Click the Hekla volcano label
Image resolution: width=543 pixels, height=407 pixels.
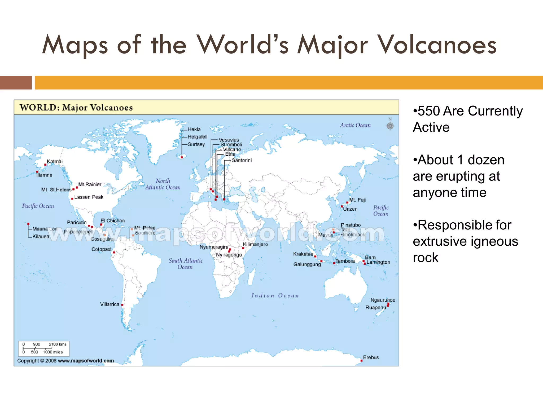tap(194, 129)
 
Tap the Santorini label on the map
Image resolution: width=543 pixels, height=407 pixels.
tap(242, 160)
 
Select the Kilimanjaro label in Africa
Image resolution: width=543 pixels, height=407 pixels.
tap(255, 244)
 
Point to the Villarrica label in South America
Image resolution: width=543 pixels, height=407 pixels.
tap(110, 304)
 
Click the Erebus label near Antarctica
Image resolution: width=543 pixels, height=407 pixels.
tap(371, 357)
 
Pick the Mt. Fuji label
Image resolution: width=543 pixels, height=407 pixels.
tap(357, 200)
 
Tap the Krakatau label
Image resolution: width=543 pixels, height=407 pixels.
tap(303, 254)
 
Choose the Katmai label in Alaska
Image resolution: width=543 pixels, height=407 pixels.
tap(55, 161)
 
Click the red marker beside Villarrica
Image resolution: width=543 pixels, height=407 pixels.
tap(122, 305)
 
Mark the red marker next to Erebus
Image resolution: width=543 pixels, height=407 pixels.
tap(361, 361)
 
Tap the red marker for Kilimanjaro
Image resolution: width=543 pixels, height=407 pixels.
tap(243, 248)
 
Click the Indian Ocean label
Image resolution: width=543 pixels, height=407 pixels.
tap(275, 295)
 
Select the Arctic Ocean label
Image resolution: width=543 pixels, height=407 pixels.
tap(355, 125)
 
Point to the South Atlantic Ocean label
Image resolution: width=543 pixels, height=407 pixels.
tap(186, 264)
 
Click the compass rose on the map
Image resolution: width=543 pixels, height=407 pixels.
tap(390, 126)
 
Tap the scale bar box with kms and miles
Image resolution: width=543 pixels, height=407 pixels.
tap(44, 348)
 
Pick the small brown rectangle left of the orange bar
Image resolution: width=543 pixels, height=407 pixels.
tap(16, 83)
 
